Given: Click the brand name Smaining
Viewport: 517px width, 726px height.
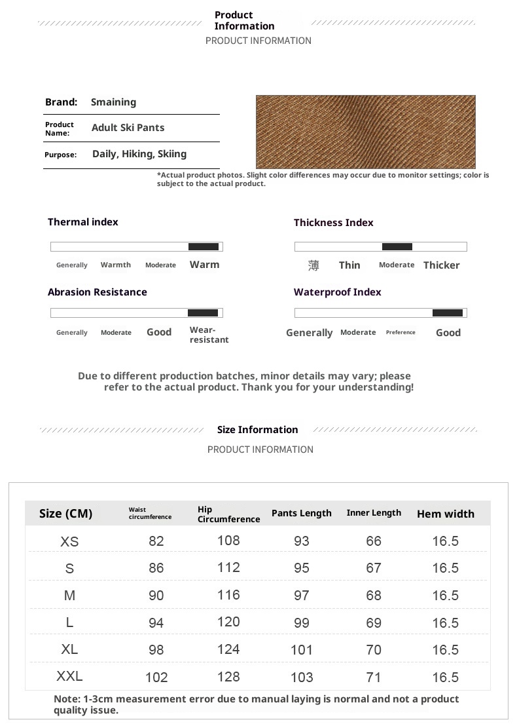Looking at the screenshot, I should pyautogui.click(x=113, y=102).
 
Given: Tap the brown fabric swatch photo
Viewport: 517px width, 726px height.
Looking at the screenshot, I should pyautogui.click(x=365, y=132).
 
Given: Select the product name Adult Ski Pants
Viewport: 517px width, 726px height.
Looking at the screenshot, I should pyautogui.click(x=128, y=128).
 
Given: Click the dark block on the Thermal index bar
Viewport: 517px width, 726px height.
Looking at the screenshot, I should pyautogui.click(x=204, y=246).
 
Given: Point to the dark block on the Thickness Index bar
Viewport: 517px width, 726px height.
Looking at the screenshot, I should pyautogui.click(x=397, y=246).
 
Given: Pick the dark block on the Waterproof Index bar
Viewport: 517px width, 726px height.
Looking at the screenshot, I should pyautogui.click(x=448, y=313).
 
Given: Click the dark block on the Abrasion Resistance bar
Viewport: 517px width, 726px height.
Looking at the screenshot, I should pyautogui.click(x=203, y=313).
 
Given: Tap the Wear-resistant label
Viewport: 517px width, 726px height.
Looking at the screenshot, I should pyautogui.click(x=209, y=335).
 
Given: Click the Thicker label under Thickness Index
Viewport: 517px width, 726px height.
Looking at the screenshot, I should pyautogui.click(x=441, y=265).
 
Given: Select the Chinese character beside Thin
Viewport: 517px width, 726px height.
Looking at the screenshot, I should pyautogui.click(x=313, y=265).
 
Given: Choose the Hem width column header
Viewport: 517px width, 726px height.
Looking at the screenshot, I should pyautogui.click(x=445, y=514).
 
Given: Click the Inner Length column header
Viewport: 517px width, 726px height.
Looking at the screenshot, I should pyautogui.click(x=374, y=513).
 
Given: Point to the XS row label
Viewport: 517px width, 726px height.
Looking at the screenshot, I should pyautogui.click(x=69, y=541).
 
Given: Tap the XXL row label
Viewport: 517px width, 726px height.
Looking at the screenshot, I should pyautogui.click(x=69, y=676).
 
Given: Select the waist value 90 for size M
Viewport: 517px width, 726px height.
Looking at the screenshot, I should pyautogui.click(x=156, y=596).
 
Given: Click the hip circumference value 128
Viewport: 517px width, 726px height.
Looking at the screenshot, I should pyautogui.click(x=228, y=676).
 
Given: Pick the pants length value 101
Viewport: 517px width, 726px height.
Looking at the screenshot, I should pyautogui.click(x=302, y=650).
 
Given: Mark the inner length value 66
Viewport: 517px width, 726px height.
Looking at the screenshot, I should pyautogui.click(x=374, y=541).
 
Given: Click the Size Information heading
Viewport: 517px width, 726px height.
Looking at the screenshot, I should pyautogui.click(x=257, y=430).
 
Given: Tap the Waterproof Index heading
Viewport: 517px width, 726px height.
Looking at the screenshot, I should pyautogui.click(x=337, y=292).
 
